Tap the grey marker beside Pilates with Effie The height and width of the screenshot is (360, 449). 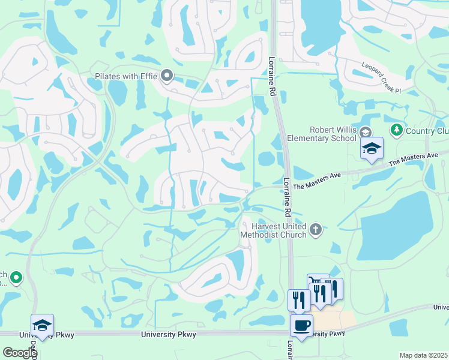167,76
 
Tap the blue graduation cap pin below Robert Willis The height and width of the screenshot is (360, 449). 372,147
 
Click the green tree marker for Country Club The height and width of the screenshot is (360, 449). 396,130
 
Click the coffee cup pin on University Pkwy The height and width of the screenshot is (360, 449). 301,325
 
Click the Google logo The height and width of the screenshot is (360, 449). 19,353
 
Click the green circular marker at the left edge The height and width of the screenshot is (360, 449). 16,277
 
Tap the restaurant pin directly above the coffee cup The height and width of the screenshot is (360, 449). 298,299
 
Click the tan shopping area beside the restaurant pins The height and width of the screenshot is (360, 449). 339,320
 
